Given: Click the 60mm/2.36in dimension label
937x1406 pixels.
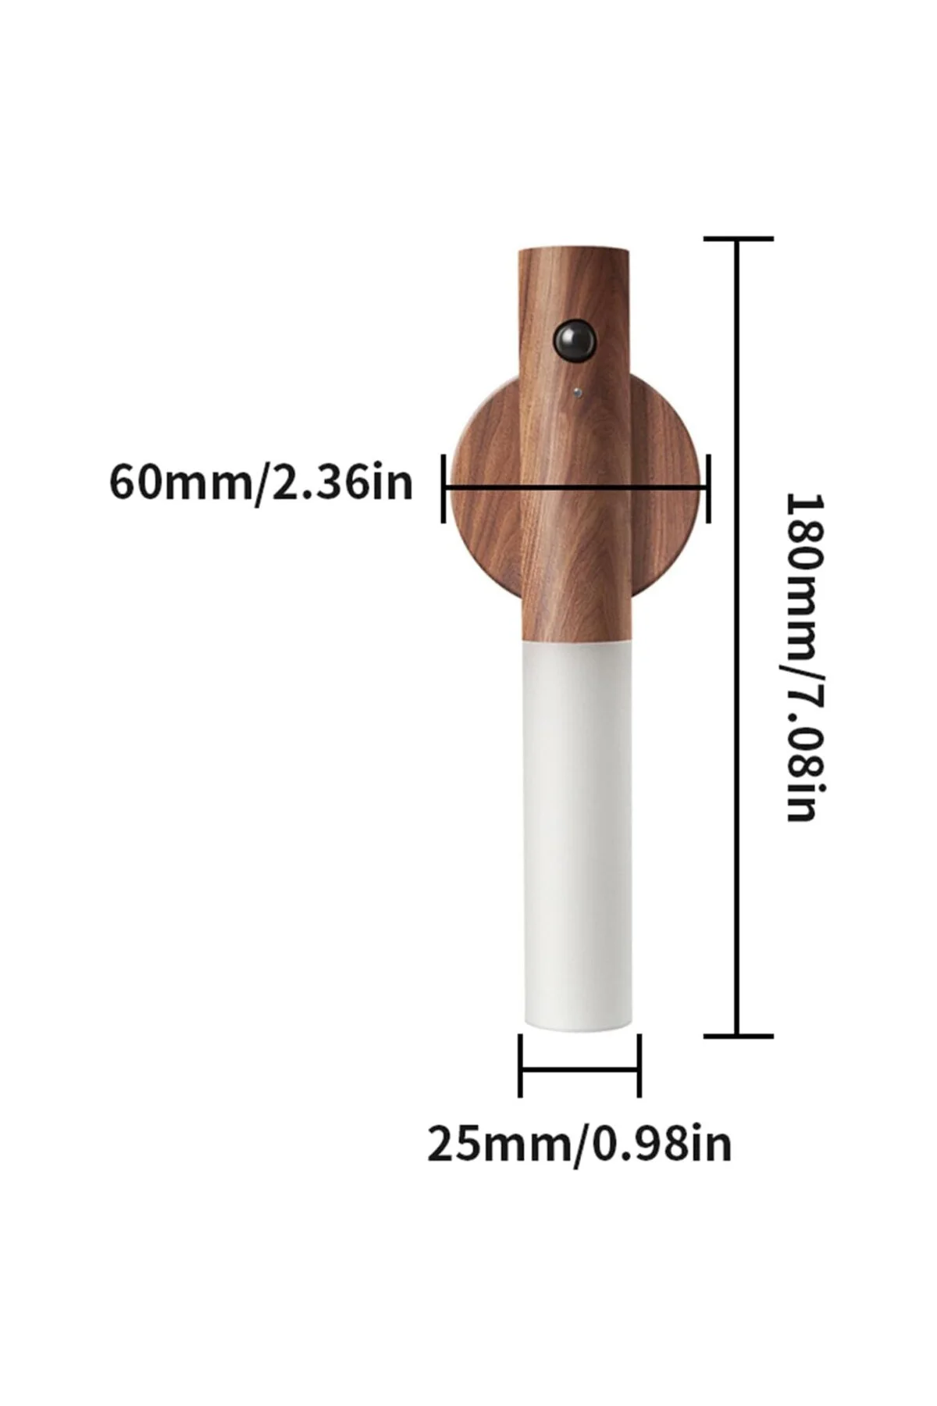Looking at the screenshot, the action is pos(260,483).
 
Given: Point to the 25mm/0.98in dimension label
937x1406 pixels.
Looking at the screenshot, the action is pos(579,1144).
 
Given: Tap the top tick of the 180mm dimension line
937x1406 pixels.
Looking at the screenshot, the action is pos(739,238).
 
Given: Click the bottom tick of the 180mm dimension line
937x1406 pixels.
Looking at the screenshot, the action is pos(739,1036).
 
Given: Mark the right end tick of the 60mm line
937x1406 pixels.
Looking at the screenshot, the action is pos(708,487).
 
